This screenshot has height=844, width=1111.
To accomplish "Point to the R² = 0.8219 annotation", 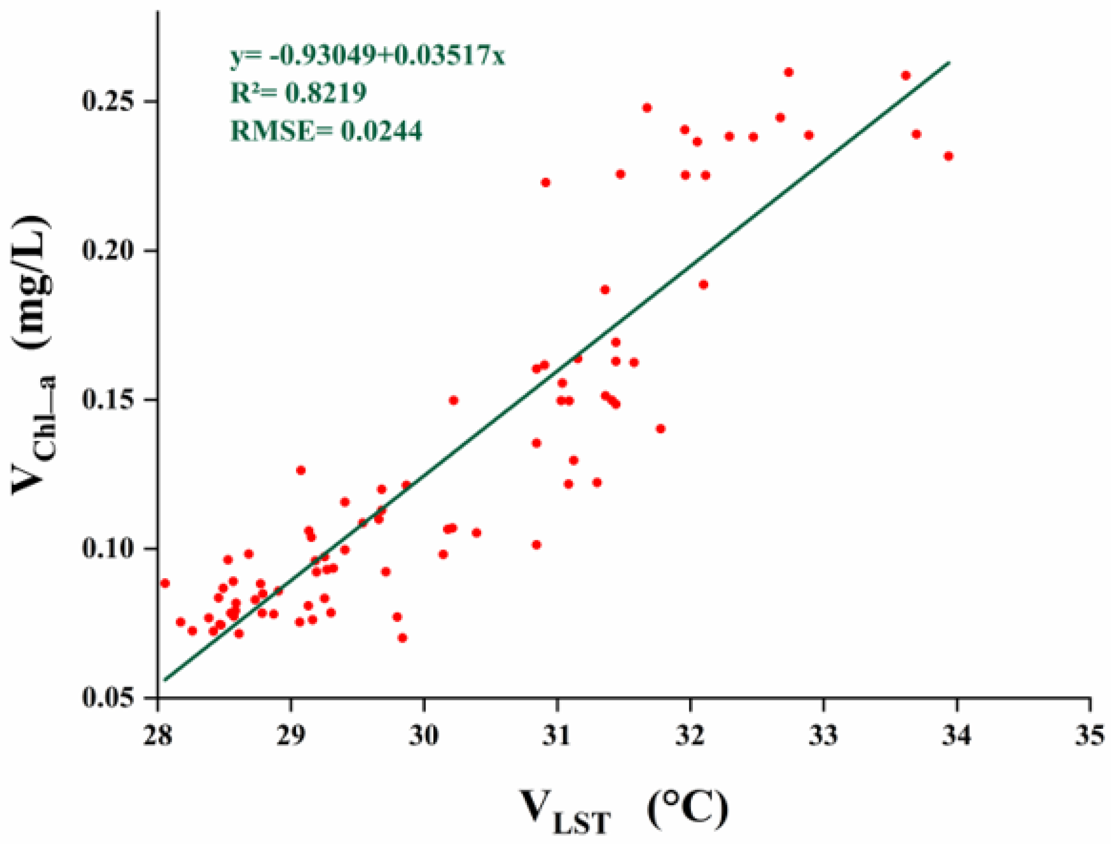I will pos(298,93).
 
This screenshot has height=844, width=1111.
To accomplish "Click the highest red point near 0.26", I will pos(789,72).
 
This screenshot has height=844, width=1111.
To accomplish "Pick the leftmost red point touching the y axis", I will pos(165,583).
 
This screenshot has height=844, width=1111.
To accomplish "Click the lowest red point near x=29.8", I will pos(402,638).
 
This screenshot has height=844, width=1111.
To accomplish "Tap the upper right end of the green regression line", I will pos(948,63).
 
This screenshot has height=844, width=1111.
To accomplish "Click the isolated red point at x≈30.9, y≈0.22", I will pos(546,183).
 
